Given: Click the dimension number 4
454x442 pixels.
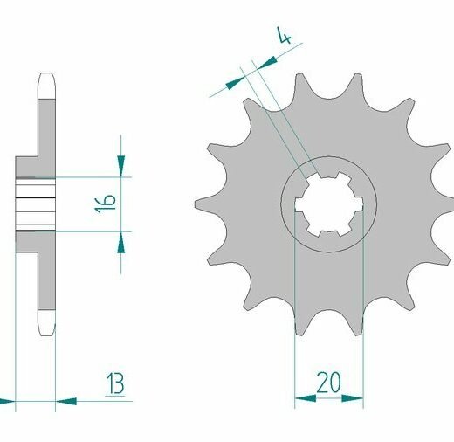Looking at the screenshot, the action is tap(284, 35).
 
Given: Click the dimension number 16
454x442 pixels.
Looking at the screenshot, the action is tap(106, 203).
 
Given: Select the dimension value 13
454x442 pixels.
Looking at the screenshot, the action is tap(115, 383).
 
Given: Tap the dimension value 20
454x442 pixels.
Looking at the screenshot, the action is tap(328, 383).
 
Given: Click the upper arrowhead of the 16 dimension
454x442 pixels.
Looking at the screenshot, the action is tap(121, 166).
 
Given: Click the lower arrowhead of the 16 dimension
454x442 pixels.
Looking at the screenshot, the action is tap(121, 242).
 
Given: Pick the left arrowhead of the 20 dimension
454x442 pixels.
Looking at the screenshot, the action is tap(306, 398).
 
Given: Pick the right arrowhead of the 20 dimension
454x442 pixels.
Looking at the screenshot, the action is tap(353, 398).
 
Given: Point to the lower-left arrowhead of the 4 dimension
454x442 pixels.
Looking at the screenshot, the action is tap(236, 83).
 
